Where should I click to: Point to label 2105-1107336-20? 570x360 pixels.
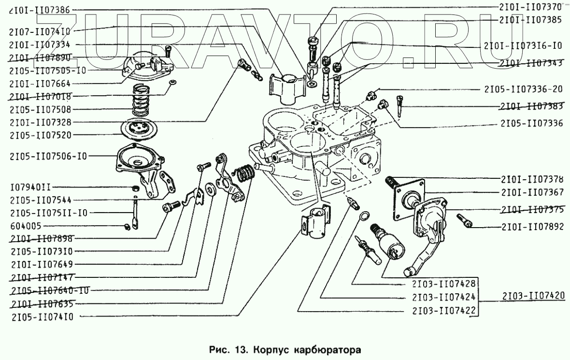(x=524, y=89)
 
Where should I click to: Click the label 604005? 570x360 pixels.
(x=26, y=226)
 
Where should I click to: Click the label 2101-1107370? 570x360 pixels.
(x=529, y=7)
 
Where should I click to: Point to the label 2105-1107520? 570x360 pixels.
(x=41, y=136)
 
